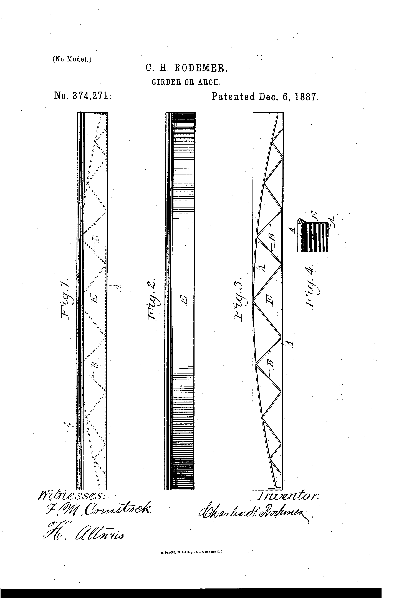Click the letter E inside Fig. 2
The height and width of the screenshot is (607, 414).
coord(184,300)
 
